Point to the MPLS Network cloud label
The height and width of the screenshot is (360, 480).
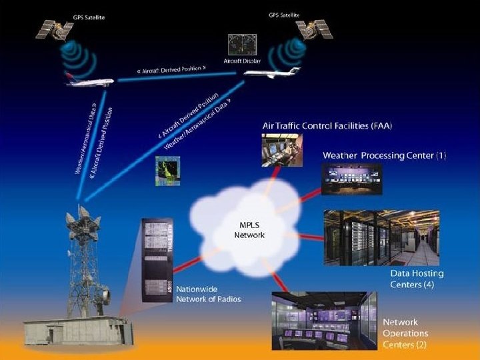pyautogui.click(x=249, y=230)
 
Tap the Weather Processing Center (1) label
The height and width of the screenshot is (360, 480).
pyautogui.click(x=384, y=155)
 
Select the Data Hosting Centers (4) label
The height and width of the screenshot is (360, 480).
pyautogui.click(x=417, y=279)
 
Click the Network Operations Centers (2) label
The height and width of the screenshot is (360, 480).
pyautogui.click(x=405, y=333)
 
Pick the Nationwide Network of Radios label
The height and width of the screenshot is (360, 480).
pyautogui.click(x=208, y=295)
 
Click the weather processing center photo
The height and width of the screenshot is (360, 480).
pyautogui.click(x=342, y=178)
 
